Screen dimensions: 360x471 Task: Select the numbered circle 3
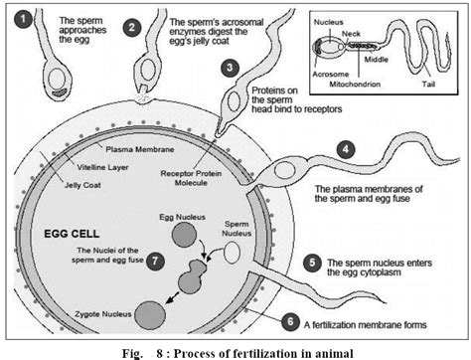(x=230, y=68)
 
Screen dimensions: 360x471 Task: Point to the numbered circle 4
(x=345, y=150)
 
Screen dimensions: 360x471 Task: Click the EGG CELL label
(x=67, y=234)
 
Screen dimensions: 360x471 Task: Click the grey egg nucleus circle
(x=185, y=234)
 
